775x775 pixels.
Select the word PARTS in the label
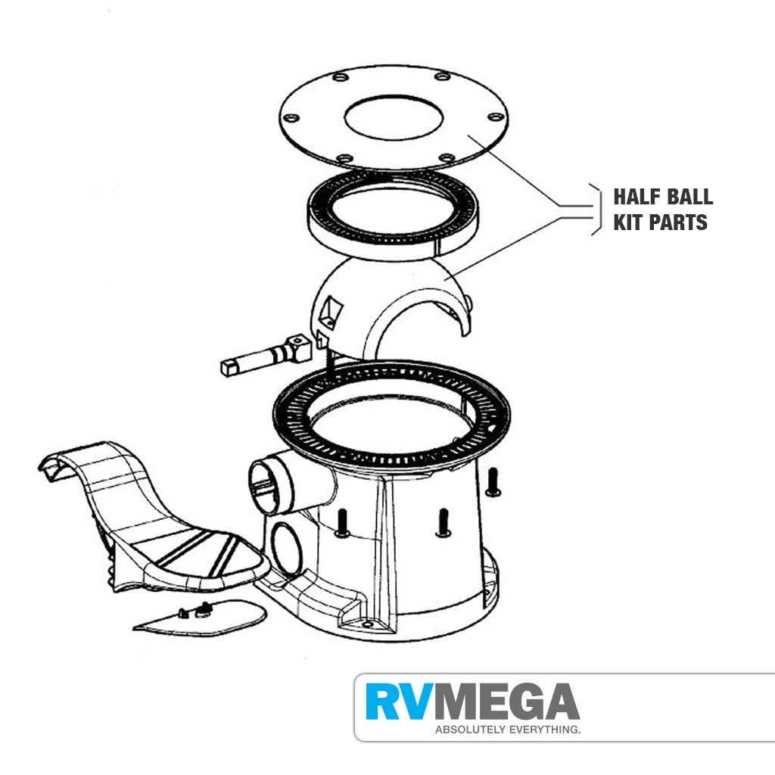point(677,223)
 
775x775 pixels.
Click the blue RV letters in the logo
point(395,702)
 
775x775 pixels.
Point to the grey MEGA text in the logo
point(503,702)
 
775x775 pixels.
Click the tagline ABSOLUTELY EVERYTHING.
point(508,730)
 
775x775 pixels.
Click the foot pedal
point(153,519)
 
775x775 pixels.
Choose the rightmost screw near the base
point(493,482)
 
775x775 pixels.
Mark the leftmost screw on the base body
point(342,524)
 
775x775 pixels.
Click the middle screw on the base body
point(443,523)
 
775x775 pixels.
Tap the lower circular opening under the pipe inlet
point(287,547)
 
